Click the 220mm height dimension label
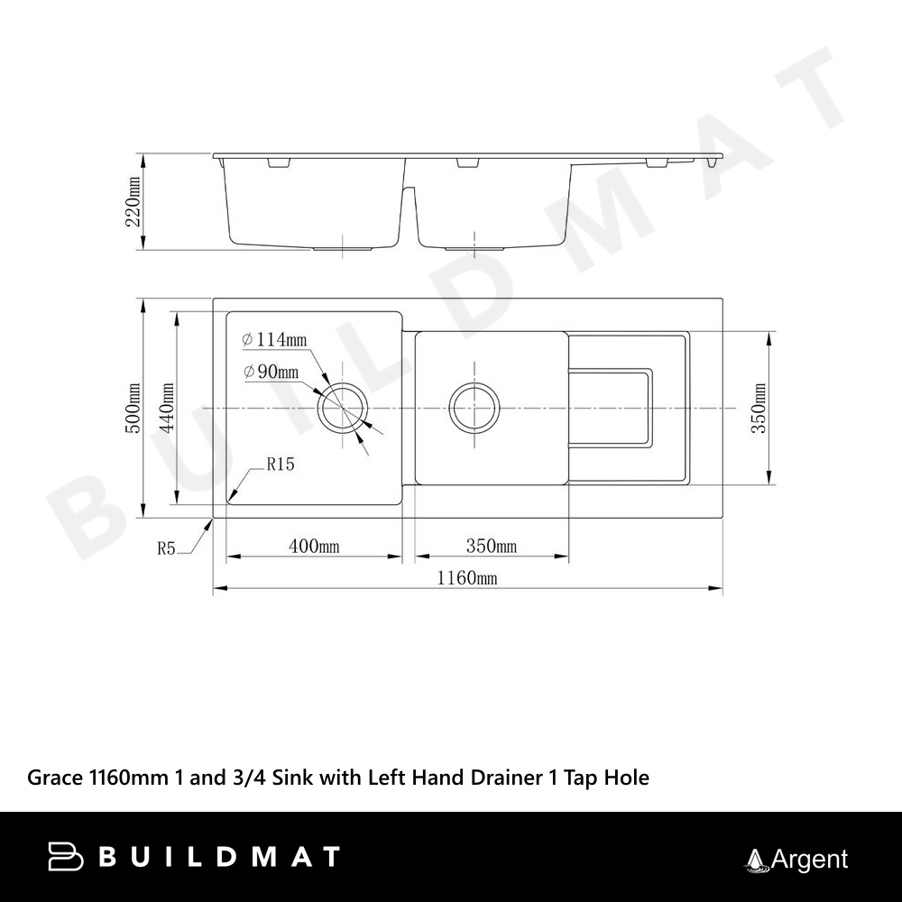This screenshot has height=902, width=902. pos(133,201)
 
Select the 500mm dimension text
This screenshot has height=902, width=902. pos(133,409)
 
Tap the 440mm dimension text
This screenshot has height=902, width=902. pos(167,409)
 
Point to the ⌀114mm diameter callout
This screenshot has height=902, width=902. pos(274,340)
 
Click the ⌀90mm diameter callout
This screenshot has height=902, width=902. pos(271,373)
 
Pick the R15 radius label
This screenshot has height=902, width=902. pos(281,464)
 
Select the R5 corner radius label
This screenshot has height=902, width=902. pos(166,548)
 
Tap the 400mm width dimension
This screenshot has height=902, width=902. pos(314,546)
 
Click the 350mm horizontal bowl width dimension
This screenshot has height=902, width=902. pos(492,546)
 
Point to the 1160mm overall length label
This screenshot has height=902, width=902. pos(467,577)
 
